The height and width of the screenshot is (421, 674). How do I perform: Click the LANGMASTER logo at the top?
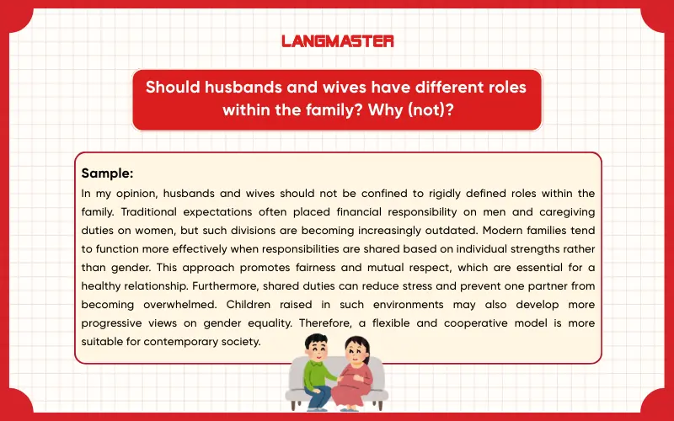point(337,40)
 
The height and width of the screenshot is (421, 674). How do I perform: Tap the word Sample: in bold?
point(107,173)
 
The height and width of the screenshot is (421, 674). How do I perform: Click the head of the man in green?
point(315,346)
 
